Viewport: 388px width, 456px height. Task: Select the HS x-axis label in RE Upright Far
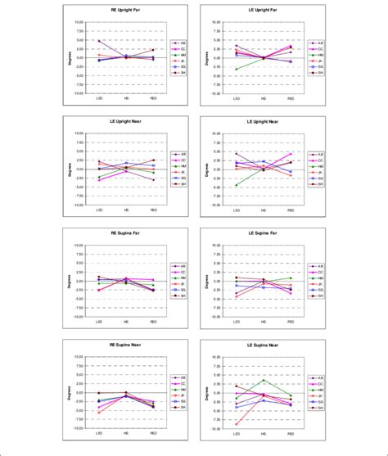click(126, 98)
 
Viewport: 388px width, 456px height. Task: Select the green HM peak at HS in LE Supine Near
click(264, 380)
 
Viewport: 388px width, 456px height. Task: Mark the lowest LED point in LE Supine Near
click(237, 424)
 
